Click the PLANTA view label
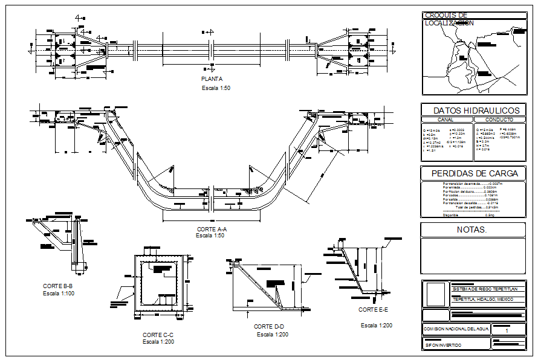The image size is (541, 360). [x=212, y=79]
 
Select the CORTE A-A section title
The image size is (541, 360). [x=211, y=229]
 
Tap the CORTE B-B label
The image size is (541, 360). [x=58, y=286]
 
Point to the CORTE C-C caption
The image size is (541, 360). [x=158, y=335]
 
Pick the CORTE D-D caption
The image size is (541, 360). [x=269, y=326]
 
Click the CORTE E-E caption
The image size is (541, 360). [x=373, y=310]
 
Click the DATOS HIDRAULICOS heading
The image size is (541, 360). [x=476, y=111]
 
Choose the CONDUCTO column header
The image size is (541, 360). [x=499, y=120]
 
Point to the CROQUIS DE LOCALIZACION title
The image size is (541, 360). [x=449, y=19]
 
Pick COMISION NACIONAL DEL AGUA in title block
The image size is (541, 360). [x=456, y=329]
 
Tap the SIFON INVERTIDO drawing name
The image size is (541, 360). [x=443, y=345]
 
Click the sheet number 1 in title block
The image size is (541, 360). [x=507, y=330]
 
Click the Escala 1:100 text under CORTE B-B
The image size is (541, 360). [x=58, y=293]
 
